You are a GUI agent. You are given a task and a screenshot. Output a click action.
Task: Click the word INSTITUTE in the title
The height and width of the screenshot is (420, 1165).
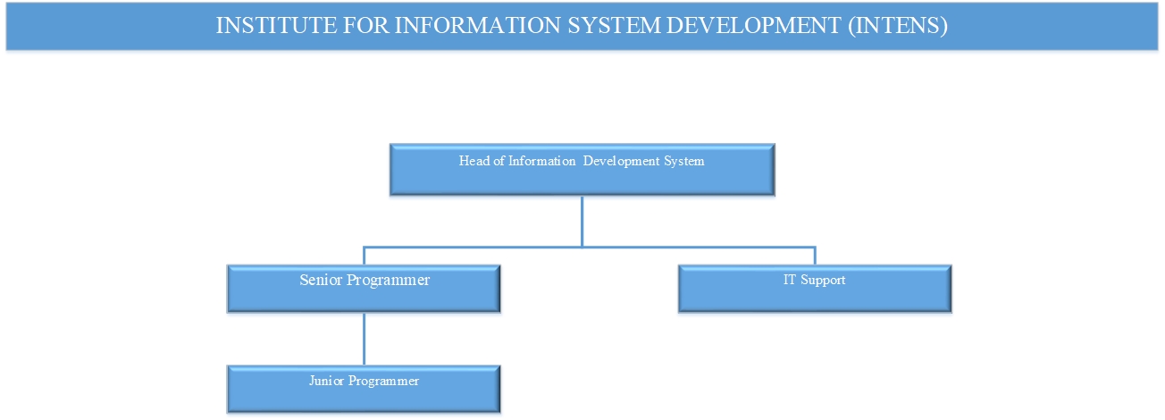pos(276,26)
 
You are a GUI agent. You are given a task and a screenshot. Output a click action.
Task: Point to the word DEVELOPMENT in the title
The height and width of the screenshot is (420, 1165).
pos(754,26)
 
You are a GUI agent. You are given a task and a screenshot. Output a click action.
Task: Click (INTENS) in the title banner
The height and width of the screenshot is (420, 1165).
pos(898,26)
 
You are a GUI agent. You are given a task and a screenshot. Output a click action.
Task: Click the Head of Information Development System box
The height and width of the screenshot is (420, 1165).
pos(582,170)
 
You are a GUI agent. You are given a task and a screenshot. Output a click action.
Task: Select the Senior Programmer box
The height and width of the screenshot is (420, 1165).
pos(364,289)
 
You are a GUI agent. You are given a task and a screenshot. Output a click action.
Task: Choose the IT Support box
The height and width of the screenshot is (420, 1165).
pos(815,289)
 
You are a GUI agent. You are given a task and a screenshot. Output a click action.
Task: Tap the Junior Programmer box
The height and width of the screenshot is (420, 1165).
pos(364,390)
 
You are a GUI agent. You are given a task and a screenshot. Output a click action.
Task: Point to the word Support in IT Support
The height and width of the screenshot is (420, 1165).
pos(823,281)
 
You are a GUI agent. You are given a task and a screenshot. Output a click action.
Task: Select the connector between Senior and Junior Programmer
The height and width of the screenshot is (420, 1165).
pos(365,340)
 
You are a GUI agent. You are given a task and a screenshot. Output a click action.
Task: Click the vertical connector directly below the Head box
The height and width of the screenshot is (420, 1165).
pos(582,222)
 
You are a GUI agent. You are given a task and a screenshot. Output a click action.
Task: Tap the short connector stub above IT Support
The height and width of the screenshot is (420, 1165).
pos(815,256)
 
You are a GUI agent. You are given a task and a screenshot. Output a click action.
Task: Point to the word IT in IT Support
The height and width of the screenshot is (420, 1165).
pos(790,280)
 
